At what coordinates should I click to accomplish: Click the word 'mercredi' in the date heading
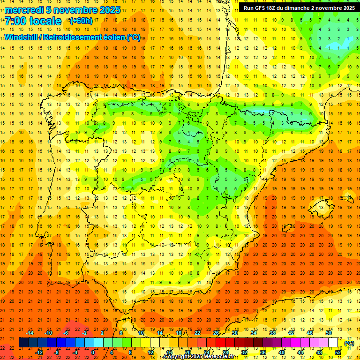pyautogui.click(x=22, y=10)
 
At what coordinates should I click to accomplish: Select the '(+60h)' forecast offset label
pyautogui.click(x=81, y=21)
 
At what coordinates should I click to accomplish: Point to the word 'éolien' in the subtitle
pyautogui.click(x=112, y=37)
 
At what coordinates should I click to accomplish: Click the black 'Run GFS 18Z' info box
pyautogui.click(x=299, y=8)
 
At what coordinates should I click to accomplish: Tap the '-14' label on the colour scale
pyautogui.click(x=30, y=333)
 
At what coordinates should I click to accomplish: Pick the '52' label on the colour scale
pyautogui.click(x=338, y=352)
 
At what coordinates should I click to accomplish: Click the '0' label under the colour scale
pyautogui.click(x=93, y=352)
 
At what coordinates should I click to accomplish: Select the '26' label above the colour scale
pyautogui.click(x=216, y=333)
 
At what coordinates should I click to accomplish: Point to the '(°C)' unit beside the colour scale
pyautogui.click(x=349, y=343)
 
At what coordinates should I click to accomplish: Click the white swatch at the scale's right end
pyautogui.click(x=333, y=343)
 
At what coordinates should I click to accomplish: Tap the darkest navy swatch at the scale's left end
pyautogui.click(x=23, y=343)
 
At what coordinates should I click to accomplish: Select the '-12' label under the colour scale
pyautogui.click(x=39, y=352)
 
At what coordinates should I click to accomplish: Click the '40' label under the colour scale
pyautogui.click(x=281, y=352)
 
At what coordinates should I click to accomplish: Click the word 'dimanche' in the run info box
pyautogui.click(x=294, y=8)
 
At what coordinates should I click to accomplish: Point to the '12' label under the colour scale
pyautogui.click(x=150, y=352)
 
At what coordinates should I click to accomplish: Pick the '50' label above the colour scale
pyautogui.click(x=329, y=333)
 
